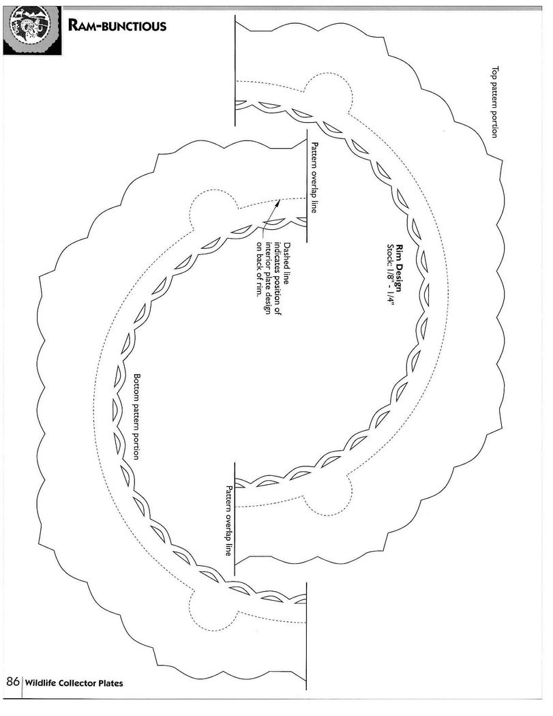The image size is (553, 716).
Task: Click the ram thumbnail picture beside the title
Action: (32, 31)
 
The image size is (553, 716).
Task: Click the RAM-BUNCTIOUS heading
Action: (117, 26)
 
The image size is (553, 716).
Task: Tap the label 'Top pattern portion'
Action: (494, 102)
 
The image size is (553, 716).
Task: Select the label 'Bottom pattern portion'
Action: (136, 417)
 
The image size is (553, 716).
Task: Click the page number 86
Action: (12, 682)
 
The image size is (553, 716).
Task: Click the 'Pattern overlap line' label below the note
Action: (228, 520)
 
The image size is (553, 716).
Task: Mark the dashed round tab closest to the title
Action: (329, 92)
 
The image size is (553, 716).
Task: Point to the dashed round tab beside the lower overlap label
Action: (328, 496)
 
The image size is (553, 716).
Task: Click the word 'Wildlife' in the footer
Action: (40, 683)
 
